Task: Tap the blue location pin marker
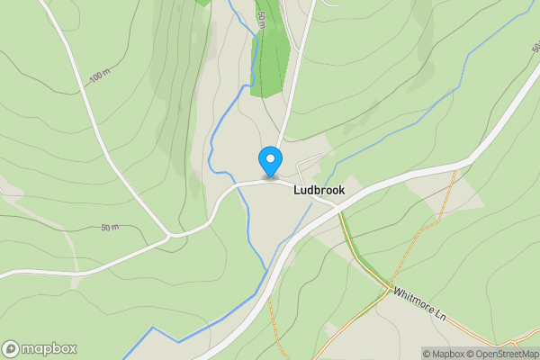(269, 161)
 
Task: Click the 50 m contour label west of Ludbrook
(110, 228)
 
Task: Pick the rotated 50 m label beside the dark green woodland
(261, 20)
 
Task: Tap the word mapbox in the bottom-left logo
(49, 348)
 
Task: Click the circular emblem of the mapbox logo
(11, 348)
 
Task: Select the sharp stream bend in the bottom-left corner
(152, 329)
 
